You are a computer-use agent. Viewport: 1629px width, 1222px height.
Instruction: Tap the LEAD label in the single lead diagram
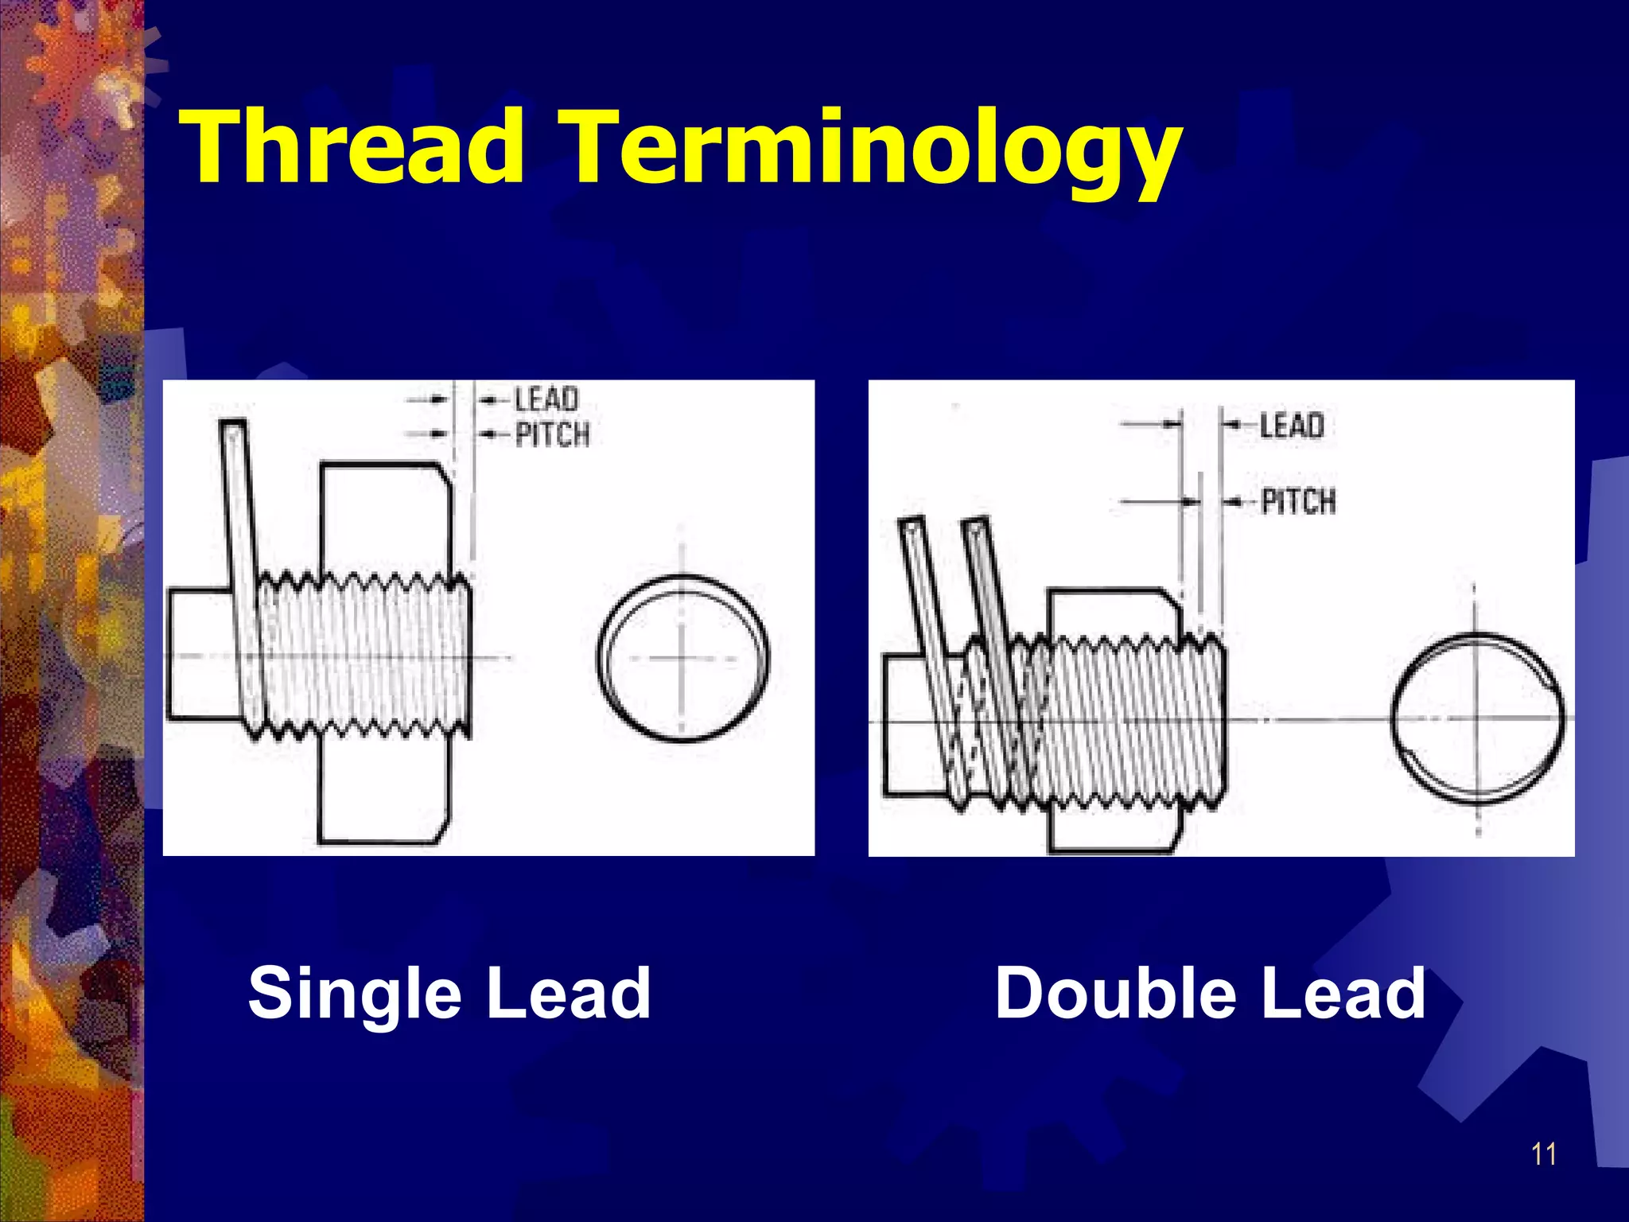click(x=546, y=399)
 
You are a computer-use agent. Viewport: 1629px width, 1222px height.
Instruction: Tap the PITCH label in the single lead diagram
click(x=553, y=435)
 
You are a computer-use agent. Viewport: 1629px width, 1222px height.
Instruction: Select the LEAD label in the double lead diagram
click(x=1292, y=426)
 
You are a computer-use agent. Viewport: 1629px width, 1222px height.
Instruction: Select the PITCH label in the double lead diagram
click(x=1298, y=501)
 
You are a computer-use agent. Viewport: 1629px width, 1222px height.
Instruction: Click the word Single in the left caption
click(x=355, y=994)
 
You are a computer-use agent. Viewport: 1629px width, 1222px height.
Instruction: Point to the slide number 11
click(x=1544, y=1153)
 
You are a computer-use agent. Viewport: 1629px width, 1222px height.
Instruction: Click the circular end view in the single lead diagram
click(x=682, y=658)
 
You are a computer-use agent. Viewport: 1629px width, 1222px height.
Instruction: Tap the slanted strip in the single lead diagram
click(x=243, y=557)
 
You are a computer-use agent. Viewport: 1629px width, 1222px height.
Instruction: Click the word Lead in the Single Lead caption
click(x=569, y=994)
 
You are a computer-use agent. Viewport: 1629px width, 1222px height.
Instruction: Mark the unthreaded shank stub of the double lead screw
click(x=907, y=724)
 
